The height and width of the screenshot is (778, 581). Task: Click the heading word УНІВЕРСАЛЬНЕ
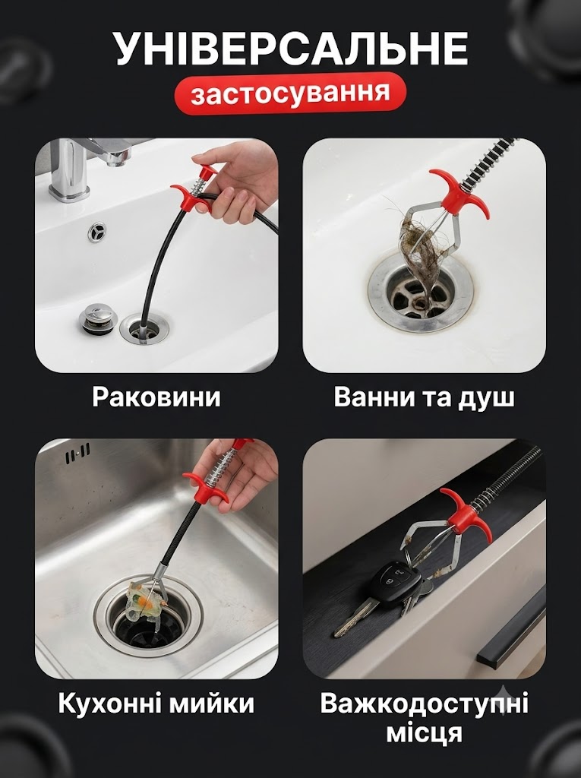292,48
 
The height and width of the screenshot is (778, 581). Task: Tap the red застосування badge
290,93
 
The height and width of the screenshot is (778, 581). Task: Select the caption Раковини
156,397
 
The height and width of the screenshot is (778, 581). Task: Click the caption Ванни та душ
425,397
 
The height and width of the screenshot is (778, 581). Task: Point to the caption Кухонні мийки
156,704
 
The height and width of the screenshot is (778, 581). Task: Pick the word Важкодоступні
425,704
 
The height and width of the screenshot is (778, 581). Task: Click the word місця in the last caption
425,733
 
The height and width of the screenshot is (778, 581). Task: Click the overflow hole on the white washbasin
97,232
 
